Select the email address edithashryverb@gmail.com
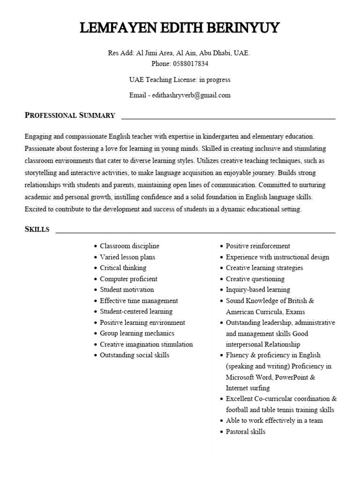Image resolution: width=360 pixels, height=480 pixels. [x=189, y=95]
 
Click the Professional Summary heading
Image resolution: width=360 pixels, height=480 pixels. [x=70, y=115]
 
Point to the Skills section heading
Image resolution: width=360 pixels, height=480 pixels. [x=37, y=229]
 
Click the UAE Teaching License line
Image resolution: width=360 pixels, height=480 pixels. [x=180, y=80]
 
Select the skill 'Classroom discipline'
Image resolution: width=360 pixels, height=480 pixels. [x=129, y=246]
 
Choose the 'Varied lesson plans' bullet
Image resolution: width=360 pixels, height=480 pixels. [x=127, y=257]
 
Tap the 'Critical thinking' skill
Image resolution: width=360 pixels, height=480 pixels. [x=123, y=268]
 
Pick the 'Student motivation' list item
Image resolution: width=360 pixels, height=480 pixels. [x=127, y=290]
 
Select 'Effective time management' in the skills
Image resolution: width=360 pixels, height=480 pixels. [x=139, y=301]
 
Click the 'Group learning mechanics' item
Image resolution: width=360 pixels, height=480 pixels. [x=137, y=333]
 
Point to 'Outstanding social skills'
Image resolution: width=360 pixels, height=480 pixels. [x=135, y=355]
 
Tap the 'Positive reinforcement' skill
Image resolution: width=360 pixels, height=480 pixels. [x=258, y=246]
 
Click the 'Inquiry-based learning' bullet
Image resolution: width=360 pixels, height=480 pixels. [x=258, y=290]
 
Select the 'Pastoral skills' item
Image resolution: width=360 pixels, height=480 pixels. [x=245, y=432]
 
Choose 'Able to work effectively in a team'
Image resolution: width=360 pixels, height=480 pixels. [x=274, y=420]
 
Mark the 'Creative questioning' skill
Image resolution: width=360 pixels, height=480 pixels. [x=255, y=279]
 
